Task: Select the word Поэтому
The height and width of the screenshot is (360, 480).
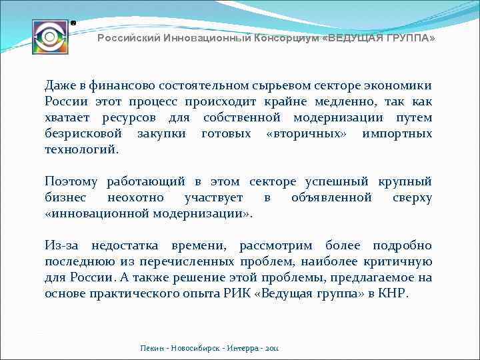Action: click(x=71, y=181)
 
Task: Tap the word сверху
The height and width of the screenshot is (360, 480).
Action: click(x=412, y=197)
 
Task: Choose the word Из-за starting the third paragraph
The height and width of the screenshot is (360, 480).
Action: click(x=63, y=245)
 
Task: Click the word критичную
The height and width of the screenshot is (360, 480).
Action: click(x=400, y=261)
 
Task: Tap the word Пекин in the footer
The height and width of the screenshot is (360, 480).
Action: click(x=152, y=349)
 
